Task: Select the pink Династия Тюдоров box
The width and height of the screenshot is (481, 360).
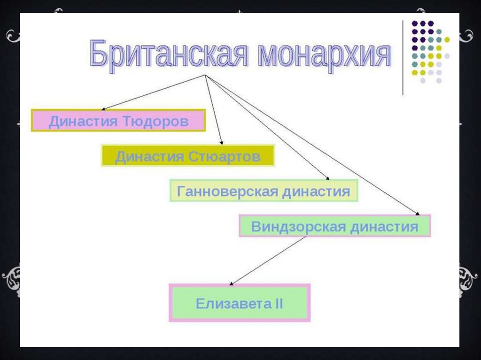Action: point(118,121)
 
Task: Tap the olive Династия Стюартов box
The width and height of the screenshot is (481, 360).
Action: point(187,156)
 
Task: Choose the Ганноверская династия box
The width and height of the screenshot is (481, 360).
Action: point(264,191)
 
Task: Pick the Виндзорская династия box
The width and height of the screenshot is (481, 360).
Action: point(334,226)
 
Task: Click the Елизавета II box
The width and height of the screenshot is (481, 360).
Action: point(239,303)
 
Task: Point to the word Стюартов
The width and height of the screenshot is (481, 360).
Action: point(225,156)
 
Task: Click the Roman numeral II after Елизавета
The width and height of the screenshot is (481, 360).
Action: point(278,303)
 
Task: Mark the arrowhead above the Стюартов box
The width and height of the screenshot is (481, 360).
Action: point(222,142)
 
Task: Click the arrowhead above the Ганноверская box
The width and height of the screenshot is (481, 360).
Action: point(327,178)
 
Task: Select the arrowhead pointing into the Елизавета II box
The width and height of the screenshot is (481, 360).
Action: point(231,283)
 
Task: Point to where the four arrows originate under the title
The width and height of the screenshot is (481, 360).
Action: point(205,75)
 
